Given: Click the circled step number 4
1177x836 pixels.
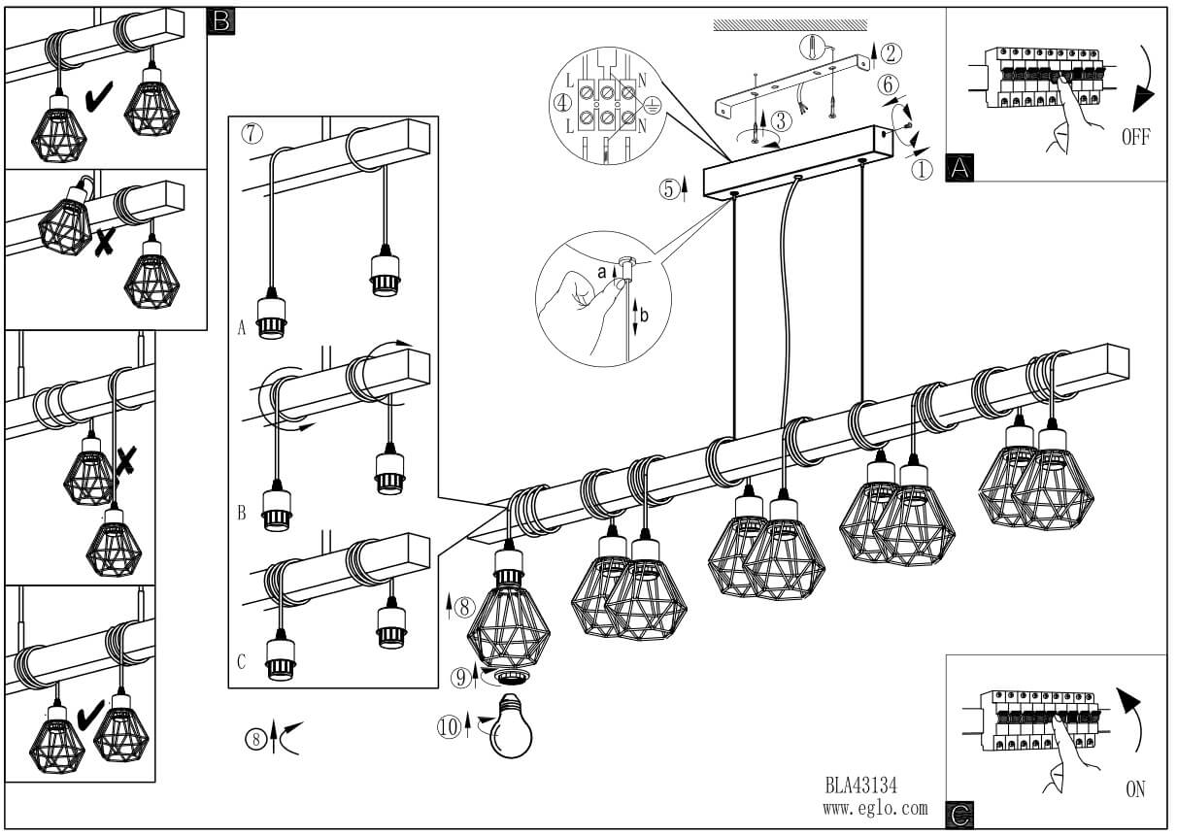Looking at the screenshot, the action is [562, 104].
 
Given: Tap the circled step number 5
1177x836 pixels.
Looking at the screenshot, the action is [669, 189].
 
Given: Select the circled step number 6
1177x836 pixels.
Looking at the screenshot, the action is [888, 85].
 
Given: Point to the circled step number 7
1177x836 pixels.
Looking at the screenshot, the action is [252, 133].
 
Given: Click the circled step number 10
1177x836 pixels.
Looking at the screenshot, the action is [450, 728].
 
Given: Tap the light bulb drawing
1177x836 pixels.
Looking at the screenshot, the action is [510, 725].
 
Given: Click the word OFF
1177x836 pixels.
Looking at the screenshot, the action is [1136, 137].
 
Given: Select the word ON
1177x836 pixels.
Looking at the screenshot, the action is [1135, 789].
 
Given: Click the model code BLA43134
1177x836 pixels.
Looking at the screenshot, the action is [861, 786].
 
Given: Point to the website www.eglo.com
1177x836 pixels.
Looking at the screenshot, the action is [875, 809].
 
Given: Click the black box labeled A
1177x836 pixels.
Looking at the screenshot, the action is [959, 168].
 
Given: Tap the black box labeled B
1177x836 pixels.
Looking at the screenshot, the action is [221, 21].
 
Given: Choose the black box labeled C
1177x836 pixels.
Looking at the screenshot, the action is [959, 816].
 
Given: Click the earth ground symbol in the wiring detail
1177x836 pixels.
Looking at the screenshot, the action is [652, 105].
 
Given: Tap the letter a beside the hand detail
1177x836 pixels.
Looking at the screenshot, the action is [602, 272].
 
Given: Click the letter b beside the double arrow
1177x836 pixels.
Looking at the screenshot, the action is [644, 316].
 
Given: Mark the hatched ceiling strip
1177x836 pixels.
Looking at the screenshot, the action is [790, 25].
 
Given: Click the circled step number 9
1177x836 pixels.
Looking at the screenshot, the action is [461, 678].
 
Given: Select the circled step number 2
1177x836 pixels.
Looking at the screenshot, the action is [891, 53].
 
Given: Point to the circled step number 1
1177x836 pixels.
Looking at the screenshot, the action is [922, 170].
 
